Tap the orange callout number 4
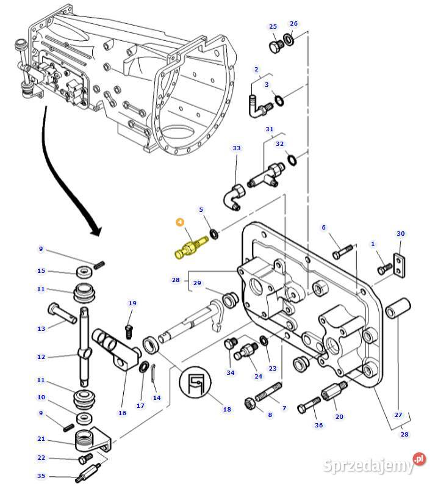(x=180, y=222)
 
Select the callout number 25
(x=273, y=27)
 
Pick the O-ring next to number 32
(x=292, y=161)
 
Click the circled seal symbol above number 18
(x=197, y=383)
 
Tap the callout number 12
(x=41, y=357)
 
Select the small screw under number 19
(x=129, y=331)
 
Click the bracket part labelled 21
(x=93, y=440)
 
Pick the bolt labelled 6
(x=343, y=250)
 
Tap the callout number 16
(x=122, y=413)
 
